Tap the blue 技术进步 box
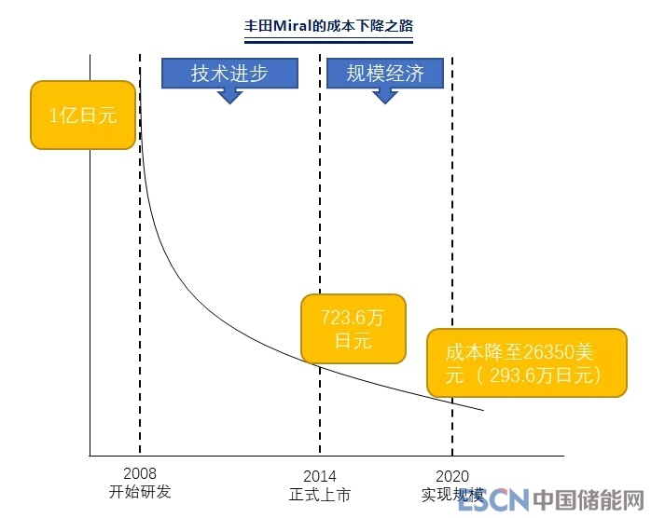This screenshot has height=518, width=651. click(229, 74)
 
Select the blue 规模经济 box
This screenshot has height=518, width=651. click(384, 74)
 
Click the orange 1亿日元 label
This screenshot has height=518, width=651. click(84, 116)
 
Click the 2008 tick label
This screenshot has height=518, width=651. click(140, 474)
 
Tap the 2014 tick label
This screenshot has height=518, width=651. click(320, 475)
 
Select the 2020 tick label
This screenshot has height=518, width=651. click(452, 475)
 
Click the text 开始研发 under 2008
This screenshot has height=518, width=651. click(140, 492)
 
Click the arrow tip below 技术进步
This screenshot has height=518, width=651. click(229, 102)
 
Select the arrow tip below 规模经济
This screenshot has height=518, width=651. click(384, 102)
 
